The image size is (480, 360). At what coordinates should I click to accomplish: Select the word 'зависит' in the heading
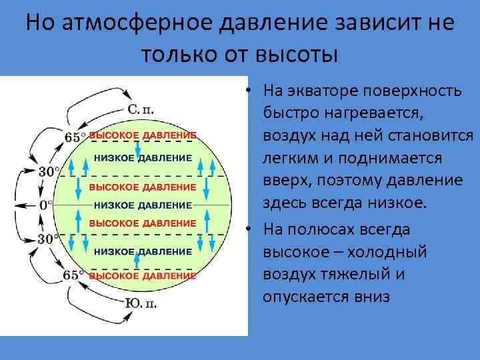pyautogui.click(x=357, y=24)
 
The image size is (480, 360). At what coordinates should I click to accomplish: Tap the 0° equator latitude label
pyautogui.click(x=44, y=205)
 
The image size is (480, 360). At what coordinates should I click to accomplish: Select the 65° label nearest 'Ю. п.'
pyautogui.click(x=74, y=274)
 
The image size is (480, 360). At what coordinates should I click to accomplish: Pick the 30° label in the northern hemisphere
pyautogui.click(x=47, y=171)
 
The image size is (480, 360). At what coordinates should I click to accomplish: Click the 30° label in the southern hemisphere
pyautogui.click(x=47, y=239)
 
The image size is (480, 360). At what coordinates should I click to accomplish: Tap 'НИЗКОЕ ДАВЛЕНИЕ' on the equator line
pyautogui.click(x=143, y=205)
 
